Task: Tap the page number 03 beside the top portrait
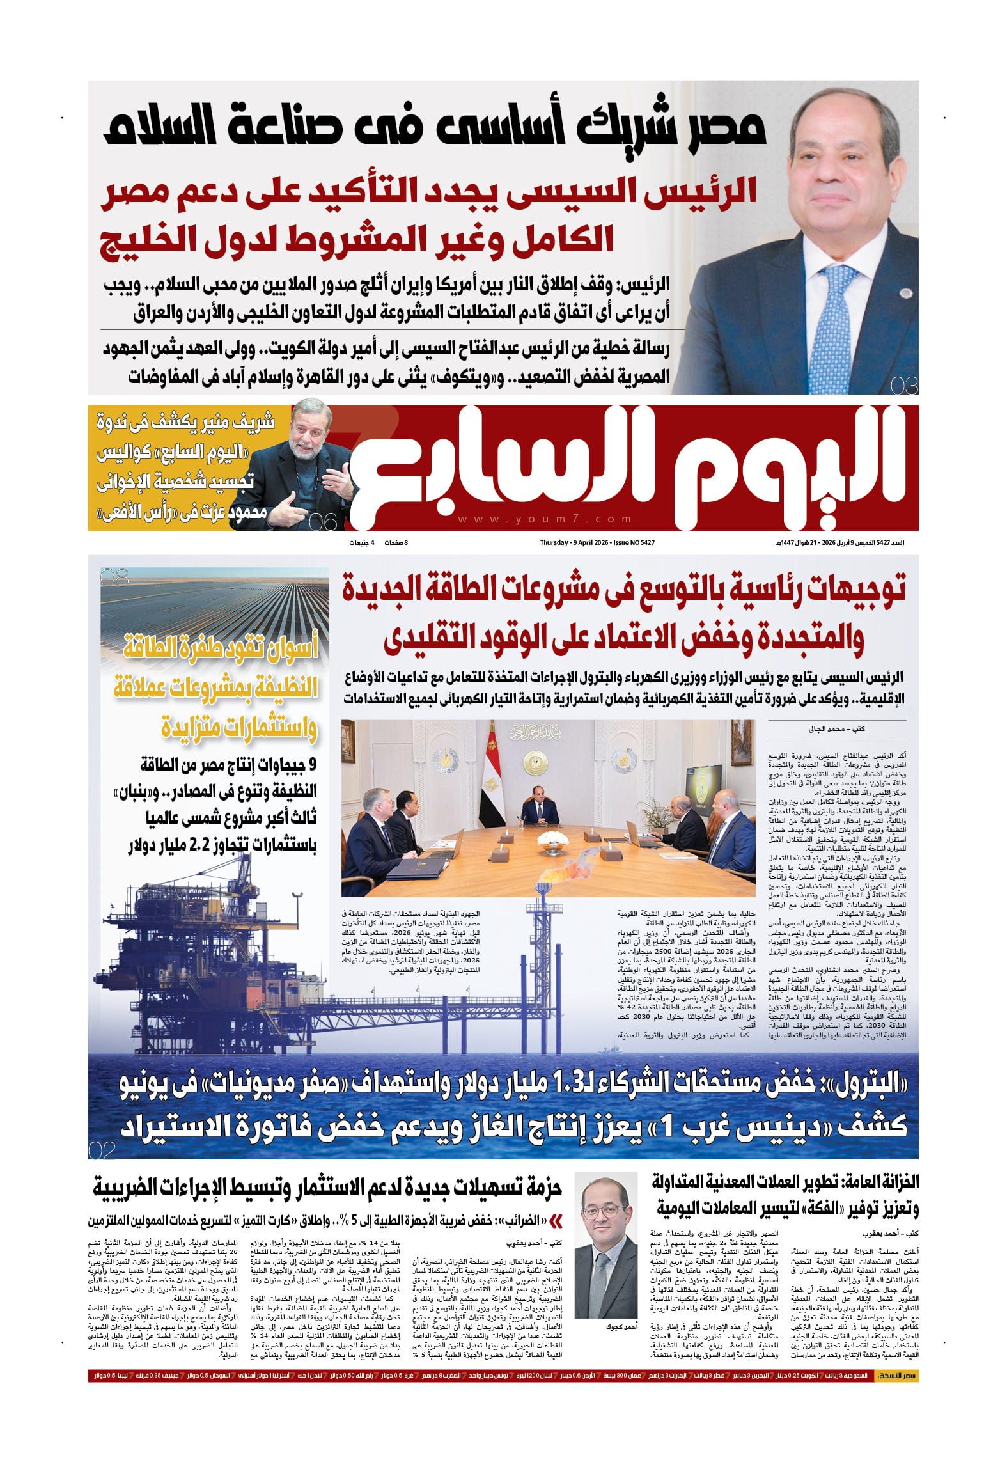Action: point(903,386)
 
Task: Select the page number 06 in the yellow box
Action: point(322,522)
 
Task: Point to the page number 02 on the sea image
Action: point(102,1150)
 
